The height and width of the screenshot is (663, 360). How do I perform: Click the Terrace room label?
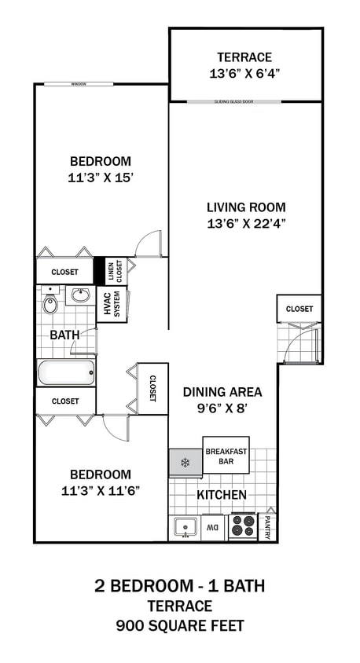[x=245, y=57]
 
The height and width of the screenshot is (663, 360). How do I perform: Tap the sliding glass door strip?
[x=245, y=101]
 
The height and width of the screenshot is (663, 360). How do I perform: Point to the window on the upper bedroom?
[x=78, y=83]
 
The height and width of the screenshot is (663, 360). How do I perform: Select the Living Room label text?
[x=245, y=207]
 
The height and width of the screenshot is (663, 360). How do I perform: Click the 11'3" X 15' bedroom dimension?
[x=100, y=178]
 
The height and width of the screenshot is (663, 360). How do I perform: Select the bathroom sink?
[x=79, y=295]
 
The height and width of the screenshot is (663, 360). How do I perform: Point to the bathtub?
[x=66, y=371]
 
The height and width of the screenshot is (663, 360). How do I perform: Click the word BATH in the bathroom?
[x=64, y=335]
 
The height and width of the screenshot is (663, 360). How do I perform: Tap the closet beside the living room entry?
[x=299, y=309]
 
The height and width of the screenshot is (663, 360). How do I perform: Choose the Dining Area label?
[x=222, y=392]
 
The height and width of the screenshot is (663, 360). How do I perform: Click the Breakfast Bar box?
[x=226, y=456]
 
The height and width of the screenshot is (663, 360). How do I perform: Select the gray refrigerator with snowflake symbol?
[x=186, y=462]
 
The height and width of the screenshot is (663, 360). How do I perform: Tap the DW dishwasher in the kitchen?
[x=213, y=527]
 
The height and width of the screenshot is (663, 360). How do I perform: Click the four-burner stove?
[x=243, y=526]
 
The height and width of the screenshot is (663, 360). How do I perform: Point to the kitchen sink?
[x=186, y=526]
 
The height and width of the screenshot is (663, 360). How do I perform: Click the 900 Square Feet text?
[x=180, y=625]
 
